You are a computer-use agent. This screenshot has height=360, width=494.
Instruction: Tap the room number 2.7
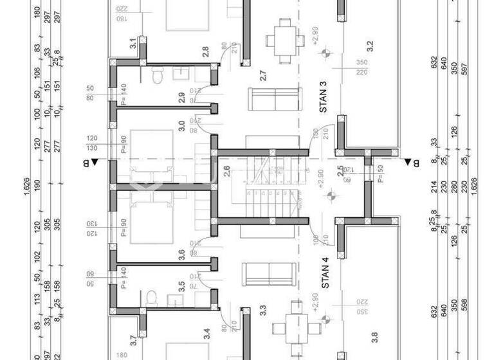point(262,76)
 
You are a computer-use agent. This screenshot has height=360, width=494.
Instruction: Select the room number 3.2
point(370,46)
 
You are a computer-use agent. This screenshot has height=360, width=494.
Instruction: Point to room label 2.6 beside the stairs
point(226,171)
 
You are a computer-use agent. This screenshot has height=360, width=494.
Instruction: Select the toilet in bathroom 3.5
point(152,298)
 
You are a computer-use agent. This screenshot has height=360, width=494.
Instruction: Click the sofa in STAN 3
point(275,99)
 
